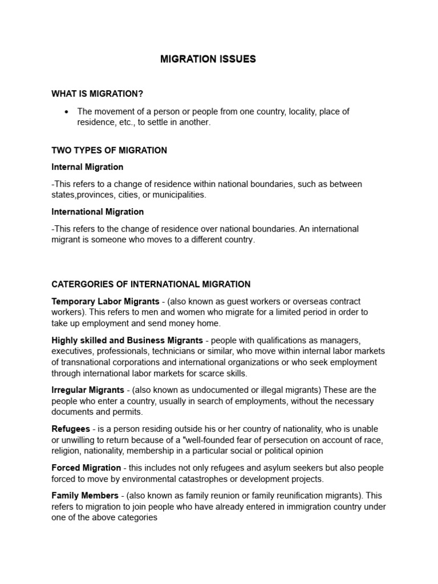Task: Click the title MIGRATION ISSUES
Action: click(x=208, y=59)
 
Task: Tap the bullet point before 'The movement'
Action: click(x=67, y=112)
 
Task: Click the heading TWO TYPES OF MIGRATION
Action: click(x=109, y=151)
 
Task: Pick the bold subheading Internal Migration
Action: click(x=87, y=167)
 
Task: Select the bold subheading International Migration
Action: click(x=98, y=212)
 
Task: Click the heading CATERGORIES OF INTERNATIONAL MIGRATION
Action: click(x=151, y=284)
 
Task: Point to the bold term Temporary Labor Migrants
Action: click(x=106, y=301)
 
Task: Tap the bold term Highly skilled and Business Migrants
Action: click(x=127, y=340)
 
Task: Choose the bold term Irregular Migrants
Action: click(x=88, y=390)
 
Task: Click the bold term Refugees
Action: click(x=71, y=429)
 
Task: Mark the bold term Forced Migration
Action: click(x=86, y=468)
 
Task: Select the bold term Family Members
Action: click(x=85, y=496)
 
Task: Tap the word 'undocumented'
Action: click(x=201, y=390)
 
